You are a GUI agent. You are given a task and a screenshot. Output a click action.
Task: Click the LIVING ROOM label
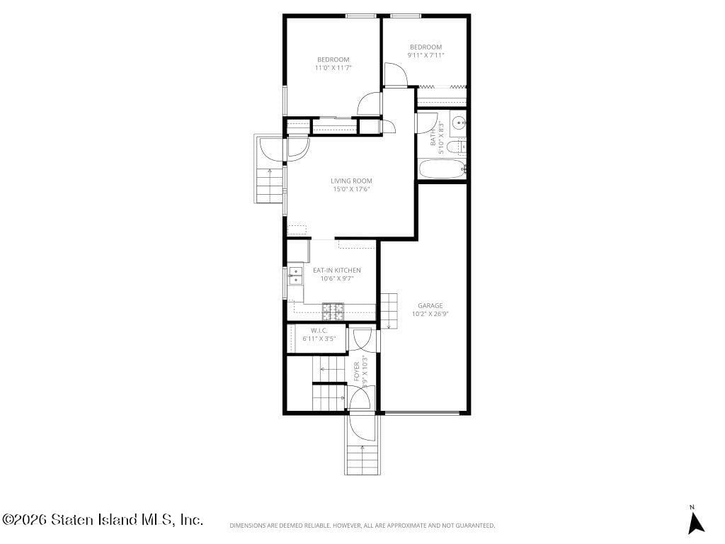tap(351, 181)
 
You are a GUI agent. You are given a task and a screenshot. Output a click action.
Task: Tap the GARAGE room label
tap(430, 305)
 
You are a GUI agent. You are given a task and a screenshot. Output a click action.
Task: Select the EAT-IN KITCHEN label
tap(336, 270)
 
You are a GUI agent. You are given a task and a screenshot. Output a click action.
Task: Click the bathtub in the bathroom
tap(442, 169)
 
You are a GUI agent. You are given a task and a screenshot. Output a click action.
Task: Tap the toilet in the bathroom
tap(459, 147)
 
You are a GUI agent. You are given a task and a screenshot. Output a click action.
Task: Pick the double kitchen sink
tap(295, 276)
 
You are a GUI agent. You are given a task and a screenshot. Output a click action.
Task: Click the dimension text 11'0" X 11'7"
tap(333, 68)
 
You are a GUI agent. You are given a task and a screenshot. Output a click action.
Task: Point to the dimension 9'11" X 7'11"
tap(426, 55)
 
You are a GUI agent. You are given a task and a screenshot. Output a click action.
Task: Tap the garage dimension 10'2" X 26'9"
tap(430, 314)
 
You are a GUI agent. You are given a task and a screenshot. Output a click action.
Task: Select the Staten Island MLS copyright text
tap(103, 520)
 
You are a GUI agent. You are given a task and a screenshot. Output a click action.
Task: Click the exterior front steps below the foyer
tap(363, 458)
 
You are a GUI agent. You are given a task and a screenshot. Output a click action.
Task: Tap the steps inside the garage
tap(389, 311)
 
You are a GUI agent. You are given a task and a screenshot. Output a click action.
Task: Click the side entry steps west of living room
tap(269, 184)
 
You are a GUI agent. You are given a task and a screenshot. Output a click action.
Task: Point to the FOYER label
tap(356, 372)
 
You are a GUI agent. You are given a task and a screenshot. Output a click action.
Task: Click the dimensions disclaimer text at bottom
tap(362, 526)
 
